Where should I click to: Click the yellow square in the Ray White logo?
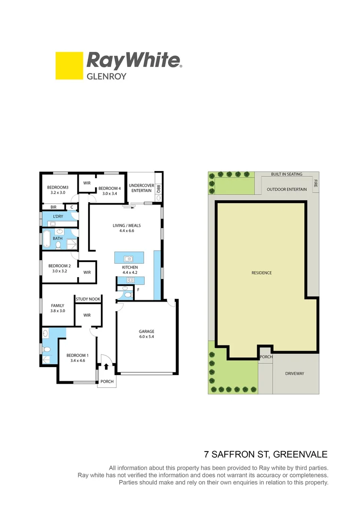pyautogui.click(x=69, y=66)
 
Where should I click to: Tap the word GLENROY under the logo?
pyautogui.click(x=106, y=76)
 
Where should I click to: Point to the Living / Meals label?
pyautogui.click(x=127, y=228)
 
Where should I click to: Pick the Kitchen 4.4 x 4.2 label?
pyautogui.click(x=130, y=270)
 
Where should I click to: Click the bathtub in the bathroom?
pyautogui.click(x=47, y=238)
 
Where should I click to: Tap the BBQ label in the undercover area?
pyautogui.click(x=159, y=189)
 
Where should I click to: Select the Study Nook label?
pyautogui.click(x=88, y=299)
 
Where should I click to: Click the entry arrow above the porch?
pyautogui.click(x=106, y=367)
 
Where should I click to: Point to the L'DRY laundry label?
pyautogui.click(x=58, y=216)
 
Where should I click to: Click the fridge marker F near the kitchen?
pyautogui.click(x=138, y=289)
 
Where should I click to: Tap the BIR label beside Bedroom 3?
pyautogui.click(x=53, y=206)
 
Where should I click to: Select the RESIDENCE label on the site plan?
pyautogui.click(x=262, y=272)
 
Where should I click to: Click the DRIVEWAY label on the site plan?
pyautogui.click(x=295, y=373)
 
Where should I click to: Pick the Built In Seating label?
pyautogui.click(x=286, y=174)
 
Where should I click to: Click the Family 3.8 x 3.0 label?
pyautogui.click(x=57, y=308)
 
